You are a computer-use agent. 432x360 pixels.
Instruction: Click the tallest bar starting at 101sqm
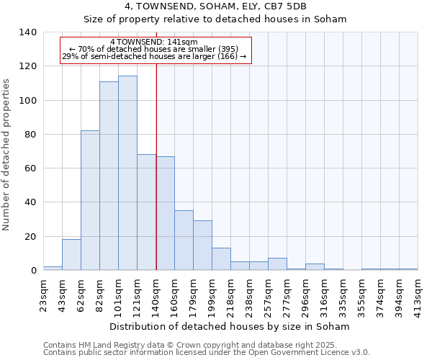click(127, 173)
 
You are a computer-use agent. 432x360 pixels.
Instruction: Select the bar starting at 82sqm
click(109, 176)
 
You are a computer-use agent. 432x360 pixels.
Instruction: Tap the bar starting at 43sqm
click(71, 255)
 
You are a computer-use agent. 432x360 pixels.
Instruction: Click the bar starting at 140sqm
click(165, 213)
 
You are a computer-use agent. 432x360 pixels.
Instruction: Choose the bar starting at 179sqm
click(202, 246)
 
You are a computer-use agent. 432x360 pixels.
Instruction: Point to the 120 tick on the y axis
click(29, 66)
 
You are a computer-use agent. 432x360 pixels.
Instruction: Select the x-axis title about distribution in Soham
click(230, 326)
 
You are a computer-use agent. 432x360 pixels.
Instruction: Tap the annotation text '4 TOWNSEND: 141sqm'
click(154, 42)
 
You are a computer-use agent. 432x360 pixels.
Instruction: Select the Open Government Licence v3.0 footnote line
click(206, 353)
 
